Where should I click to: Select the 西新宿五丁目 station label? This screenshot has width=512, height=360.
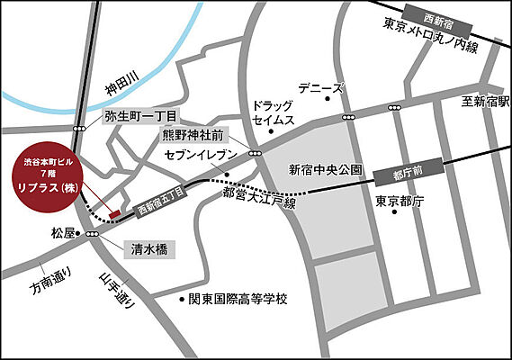(159, 201)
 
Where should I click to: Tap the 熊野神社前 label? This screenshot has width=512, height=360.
(191, 136)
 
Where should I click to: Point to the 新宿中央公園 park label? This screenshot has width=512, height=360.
(325, 168)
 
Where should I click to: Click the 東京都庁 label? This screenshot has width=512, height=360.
(400, 200)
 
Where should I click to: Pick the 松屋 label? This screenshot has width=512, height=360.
(64, 233)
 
